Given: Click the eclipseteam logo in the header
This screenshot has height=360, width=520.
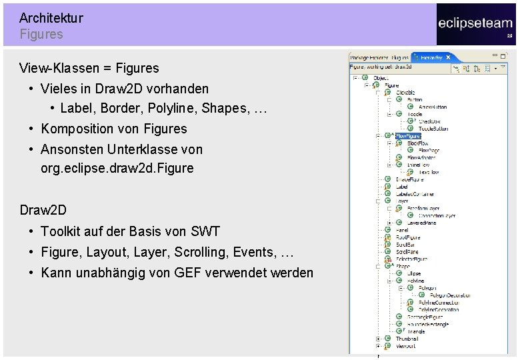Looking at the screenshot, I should click(x=475, y=23).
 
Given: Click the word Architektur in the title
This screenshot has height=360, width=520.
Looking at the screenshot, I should click(x=51, y=18).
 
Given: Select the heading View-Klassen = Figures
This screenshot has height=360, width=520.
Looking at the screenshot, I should click(x=89, y=68).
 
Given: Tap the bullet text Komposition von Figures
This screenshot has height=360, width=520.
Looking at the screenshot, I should click(x=114, y=129).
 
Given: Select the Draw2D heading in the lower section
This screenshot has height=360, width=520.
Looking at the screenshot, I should click(x=43, y=210).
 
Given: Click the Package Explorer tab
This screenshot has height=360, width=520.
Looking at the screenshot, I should click(x=369, y=58).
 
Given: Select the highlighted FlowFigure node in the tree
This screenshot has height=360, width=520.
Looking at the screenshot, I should click(x=408, y=136).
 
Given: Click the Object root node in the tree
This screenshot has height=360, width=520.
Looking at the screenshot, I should click(x=381, y=78).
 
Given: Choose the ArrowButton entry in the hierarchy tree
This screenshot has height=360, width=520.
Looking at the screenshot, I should click(x=433, y=107).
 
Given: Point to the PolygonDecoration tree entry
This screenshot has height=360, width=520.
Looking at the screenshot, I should click(x=449, y=295).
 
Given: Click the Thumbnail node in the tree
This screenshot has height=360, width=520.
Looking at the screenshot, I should click(x=407, y=339).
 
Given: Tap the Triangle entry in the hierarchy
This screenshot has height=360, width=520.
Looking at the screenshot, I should click(x=416, y=331).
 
